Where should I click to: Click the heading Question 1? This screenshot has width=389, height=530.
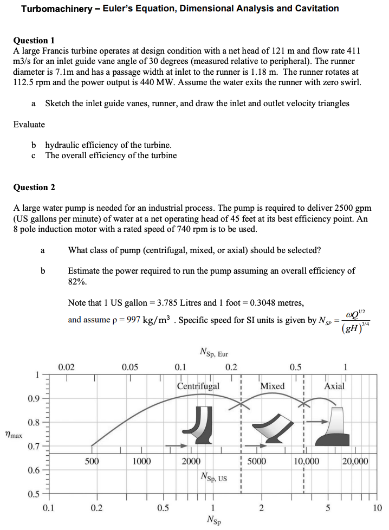(x=34, y=40)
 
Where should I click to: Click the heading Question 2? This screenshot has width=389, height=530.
(x=34, y=187)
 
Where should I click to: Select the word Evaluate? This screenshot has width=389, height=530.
(x=29, y=124)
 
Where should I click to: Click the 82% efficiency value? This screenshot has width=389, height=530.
(x=77, y=282)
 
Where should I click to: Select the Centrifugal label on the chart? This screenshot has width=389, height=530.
(x=198, y=386)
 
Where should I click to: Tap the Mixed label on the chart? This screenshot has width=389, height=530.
(x=272, y=386)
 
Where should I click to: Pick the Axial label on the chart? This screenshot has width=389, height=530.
(x=334, y=386)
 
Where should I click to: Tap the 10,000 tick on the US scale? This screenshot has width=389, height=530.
(x=306, y=461)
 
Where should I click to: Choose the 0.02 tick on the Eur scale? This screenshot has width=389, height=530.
(x=66, y=367)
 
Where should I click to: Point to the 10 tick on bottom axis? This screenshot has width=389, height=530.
(x=378, y=508)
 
